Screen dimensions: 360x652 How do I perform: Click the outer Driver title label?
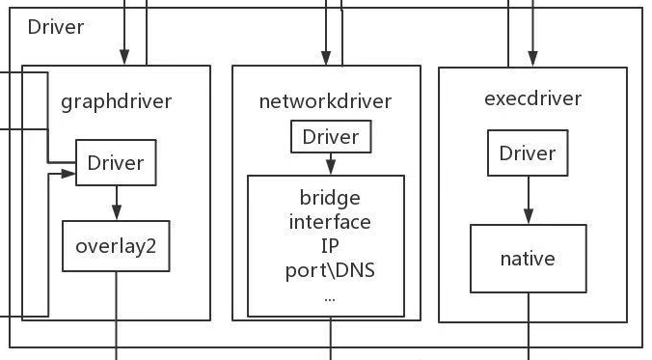55,27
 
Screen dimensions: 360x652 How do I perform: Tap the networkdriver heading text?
326,100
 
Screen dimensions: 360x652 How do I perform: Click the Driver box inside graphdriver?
116,162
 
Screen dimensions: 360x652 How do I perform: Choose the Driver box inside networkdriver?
331,137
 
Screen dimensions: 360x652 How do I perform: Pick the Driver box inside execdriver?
528,154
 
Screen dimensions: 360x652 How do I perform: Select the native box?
528,259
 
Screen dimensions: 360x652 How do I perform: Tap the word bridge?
330,198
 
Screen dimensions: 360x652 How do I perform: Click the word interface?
330,221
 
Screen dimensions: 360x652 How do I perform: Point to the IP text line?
330,245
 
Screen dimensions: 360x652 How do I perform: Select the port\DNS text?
330,269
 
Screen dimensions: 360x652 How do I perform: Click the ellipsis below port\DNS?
330,297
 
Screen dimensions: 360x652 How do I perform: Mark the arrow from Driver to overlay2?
116,202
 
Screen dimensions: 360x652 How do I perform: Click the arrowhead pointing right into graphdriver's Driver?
69,174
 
